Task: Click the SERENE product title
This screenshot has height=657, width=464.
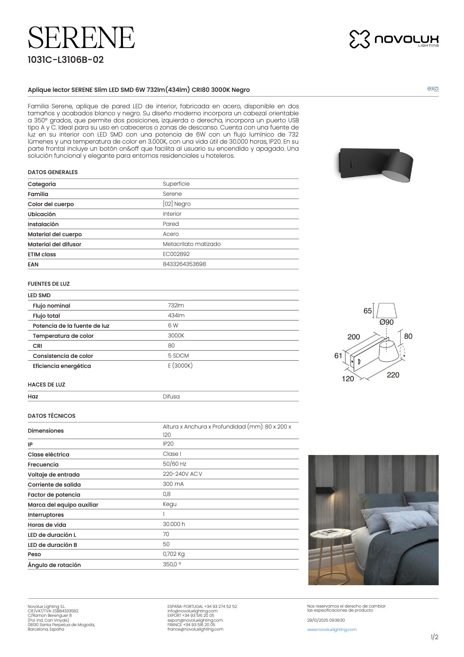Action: coord(81,38)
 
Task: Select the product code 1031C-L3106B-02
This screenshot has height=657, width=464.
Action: coord(66,60)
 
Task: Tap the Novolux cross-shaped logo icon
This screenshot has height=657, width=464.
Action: coord(359,39)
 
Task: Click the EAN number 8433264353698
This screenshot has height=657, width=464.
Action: coord(184,264)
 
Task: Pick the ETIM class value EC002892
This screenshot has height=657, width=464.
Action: coord(176,254)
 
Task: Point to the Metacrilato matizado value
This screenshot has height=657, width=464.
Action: coord(192,244)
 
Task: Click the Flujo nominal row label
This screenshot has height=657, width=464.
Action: coord(51,306)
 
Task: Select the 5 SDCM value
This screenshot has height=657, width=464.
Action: coord(178,356)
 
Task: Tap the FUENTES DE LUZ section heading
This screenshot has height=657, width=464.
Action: coord(49,284)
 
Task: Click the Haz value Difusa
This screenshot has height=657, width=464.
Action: coord(171,397)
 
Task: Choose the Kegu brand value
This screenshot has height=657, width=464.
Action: coord(170,504)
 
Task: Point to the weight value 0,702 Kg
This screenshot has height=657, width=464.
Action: coord(174,554)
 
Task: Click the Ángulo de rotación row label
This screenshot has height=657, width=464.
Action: coord(54,565)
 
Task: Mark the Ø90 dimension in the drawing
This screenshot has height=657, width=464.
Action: coord(387,322)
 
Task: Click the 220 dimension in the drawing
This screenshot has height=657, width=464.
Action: coord(393,375)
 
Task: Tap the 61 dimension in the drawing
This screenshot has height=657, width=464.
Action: coord(338,356)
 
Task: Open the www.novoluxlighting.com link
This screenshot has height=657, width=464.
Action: coord(332,629)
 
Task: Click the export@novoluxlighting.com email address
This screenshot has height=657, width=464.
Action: coord(195,620)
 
